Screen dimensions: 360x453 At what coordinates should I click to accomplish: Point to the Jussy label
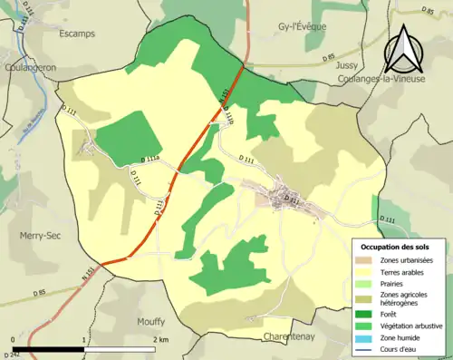[347, 66]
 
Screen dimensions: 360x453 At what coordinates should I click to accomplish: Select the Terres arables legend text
[404, 271]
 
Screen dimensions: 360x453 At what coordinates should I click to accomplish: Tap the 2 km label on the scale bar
[160, 340]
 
